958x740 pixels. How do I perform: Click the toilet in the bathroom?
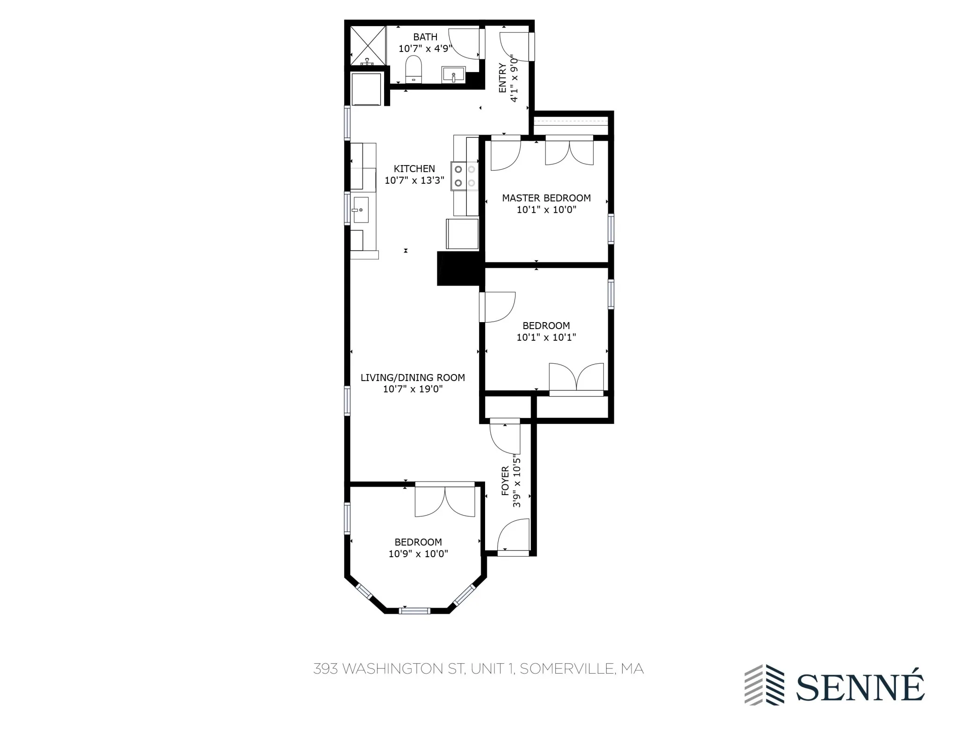pyautogui.click(x=414, y=70)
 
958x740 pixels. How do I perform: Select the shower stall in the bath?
pyautogui.click(x=368, y=45)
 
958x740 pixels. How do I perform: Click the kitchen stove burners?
pyautogui.click(x=464, y=176)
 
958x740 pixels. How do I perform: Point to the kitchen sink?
pyautogui.click(x=361, y=210)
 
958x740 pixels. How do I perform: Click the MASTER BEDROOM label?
pyautogui.click(x=546, y=198)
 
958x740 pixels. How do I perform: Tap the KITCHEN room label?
pyautogui.click(x=414, y=169)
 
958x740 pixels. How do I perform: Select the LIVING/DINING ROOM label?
pyautogui.click(x=413, y=378)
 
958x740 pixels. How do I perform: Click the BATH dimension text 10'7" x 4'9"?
pyautogui.click(x=425, y=48)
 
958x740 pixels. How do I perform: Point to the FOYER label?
pyautogui.click(x=505, y=481)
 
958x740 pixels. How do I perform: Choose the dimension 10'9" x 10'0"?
pyautogui.click(x=418, y=554)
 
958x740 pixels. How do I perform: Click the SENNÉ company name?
pyautogui.click(x=860, y=687)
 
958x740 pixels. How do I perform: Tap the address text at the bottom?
pyautogui.click(x=478, y=669)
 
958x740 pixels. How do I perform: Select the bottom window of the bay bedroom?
pyautogui.click(x=414, y=611)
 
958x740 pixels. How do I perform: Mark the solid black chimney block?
pyautogui.click(x=459, y=268)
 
